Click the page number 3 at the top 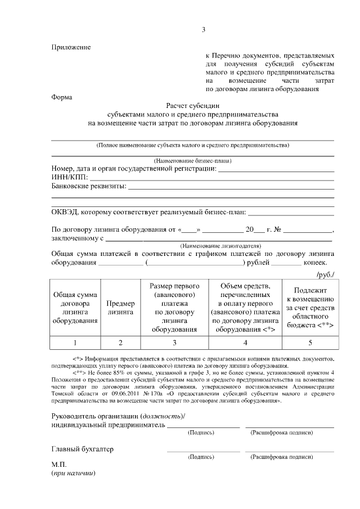tap(204, 30)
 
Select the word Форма tap(61, 97)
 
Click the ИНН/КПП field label tap(69, 177)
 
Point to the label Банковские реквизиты tap(88, 186)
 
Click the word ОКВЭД tap(66, 213)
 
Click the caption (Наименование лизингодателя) tap(220, 246)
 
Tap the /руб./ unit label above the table tap(325, 273)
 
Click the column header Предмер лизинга tap(119, 307)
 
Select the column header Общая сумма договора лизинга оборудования tap(75, 307)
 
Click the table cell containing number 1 tap(75, 342)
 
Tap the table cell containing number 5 tap(309, 342)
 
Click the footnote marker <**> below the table tap(80, 372)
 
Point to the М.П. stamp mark tap(59, 465)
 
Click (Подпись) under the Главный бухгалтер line tap(201, 457)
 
